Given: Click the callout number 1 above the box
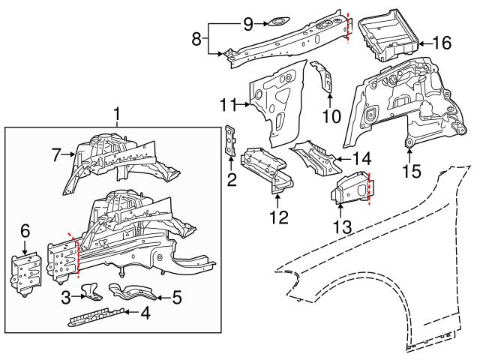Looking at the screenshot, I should coord(117,115).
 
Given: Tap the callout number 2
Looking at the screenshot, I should coord(232,178).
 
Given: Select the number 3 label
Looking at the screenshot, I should coord(66,298).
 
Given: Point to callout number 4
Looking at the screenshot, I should coord(146,314).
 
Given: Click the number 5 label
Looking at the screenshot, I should coord(176,298).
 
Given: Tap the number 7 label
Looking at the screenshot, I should coord(55,155).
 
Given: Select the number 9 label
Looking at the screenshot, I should coord(248,22).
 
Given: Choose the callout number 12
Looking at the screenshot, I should coord(277,218).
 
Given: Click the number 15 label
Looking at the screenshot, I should coord(409,172).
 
